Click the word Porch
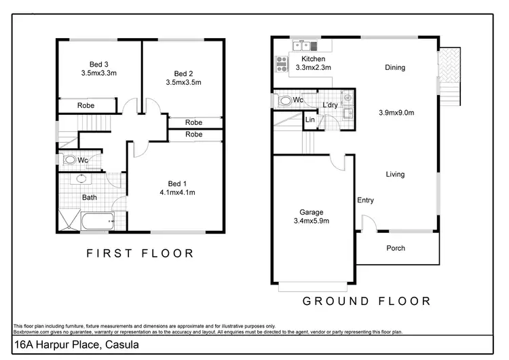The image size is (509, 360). [396, 248]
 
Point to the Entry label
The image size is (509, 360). [366, 200]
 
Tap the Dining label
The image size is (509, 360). [395, 67]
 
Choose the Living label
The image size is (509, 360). [396, 175]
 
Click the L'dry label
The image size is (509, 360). [331, 105]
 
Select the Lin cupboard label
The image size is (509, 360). [310, 120]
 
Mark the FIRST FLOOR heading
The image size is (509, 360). [140, 253]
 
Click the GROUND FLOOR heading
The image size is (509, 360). [366, 301]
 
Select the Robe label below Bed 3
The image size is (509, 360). [86, 105]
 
